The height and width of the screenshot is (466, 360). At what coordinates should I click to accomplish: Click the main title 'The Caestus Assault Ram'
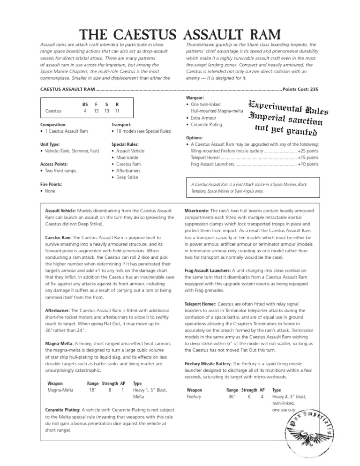[x=180, y=35]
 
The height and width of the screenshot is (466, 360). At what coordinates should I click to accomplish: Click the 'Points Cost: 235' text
[x=300, y=89]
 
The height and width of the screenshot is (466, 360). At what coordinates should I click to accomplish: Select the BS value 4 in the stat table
[x=85, y=111]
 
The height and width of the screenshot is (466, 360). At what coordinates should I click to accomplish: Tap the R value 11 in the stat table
[x=117, y=111]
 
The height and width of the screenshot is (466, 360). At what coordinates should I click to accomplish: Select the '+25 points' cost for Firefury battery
[x=308, y=151]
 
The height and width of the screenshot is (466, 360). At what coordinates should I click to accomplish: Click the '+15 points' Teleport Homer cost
[x=308, y=158]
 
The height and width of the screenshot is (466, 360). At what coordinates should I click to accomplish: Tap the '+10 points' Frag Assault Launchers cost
[x=308, y=164]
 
